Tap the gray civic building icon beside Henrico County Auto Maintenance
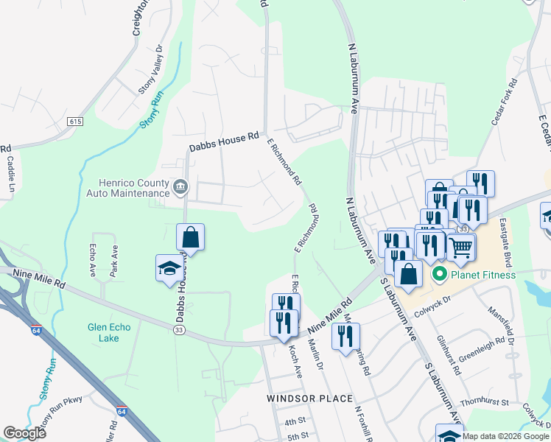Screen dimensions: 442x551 pos(180,188)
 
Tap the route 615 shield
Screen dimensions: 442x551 pos(74,122)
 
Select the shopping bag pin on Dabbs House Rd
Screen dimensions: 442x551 pos(190,238)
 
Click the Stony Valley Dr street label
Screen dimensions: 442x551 pos(151,70)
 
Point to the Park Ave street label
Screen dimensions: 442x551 pos(114,261)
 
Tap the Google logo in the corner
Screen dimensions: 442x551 pos(25,433)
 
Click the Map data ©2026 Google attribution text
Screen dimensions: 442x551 pos(505,436)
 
